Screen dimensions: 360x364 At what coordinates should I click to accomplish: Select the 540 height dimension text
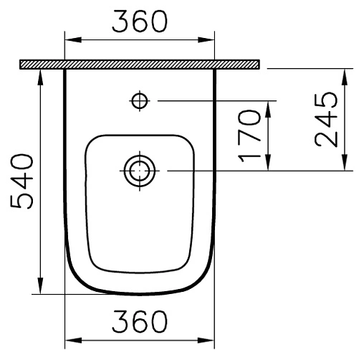pos(23,181)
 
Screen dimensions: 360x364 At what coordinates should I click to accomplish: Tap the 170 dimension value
pos(249,136)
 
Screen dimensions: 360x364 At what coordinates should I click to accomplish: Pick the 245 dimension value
pos(327,119)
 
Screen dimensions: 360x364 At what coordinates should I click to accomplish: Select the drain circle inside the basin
pos(139,171)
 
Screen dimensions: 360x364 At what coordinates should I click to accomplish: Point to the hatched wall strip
pos(139,65)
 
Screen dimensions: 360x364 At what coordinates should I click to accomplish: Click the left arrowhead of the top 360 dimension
pos(70,41)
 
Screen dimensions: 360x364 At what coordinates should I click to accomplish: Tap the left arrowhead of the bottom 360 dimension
pos(70,341)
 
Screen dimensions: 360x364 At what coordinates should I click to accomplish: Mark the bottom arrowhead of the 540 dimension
pos(40,288)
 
